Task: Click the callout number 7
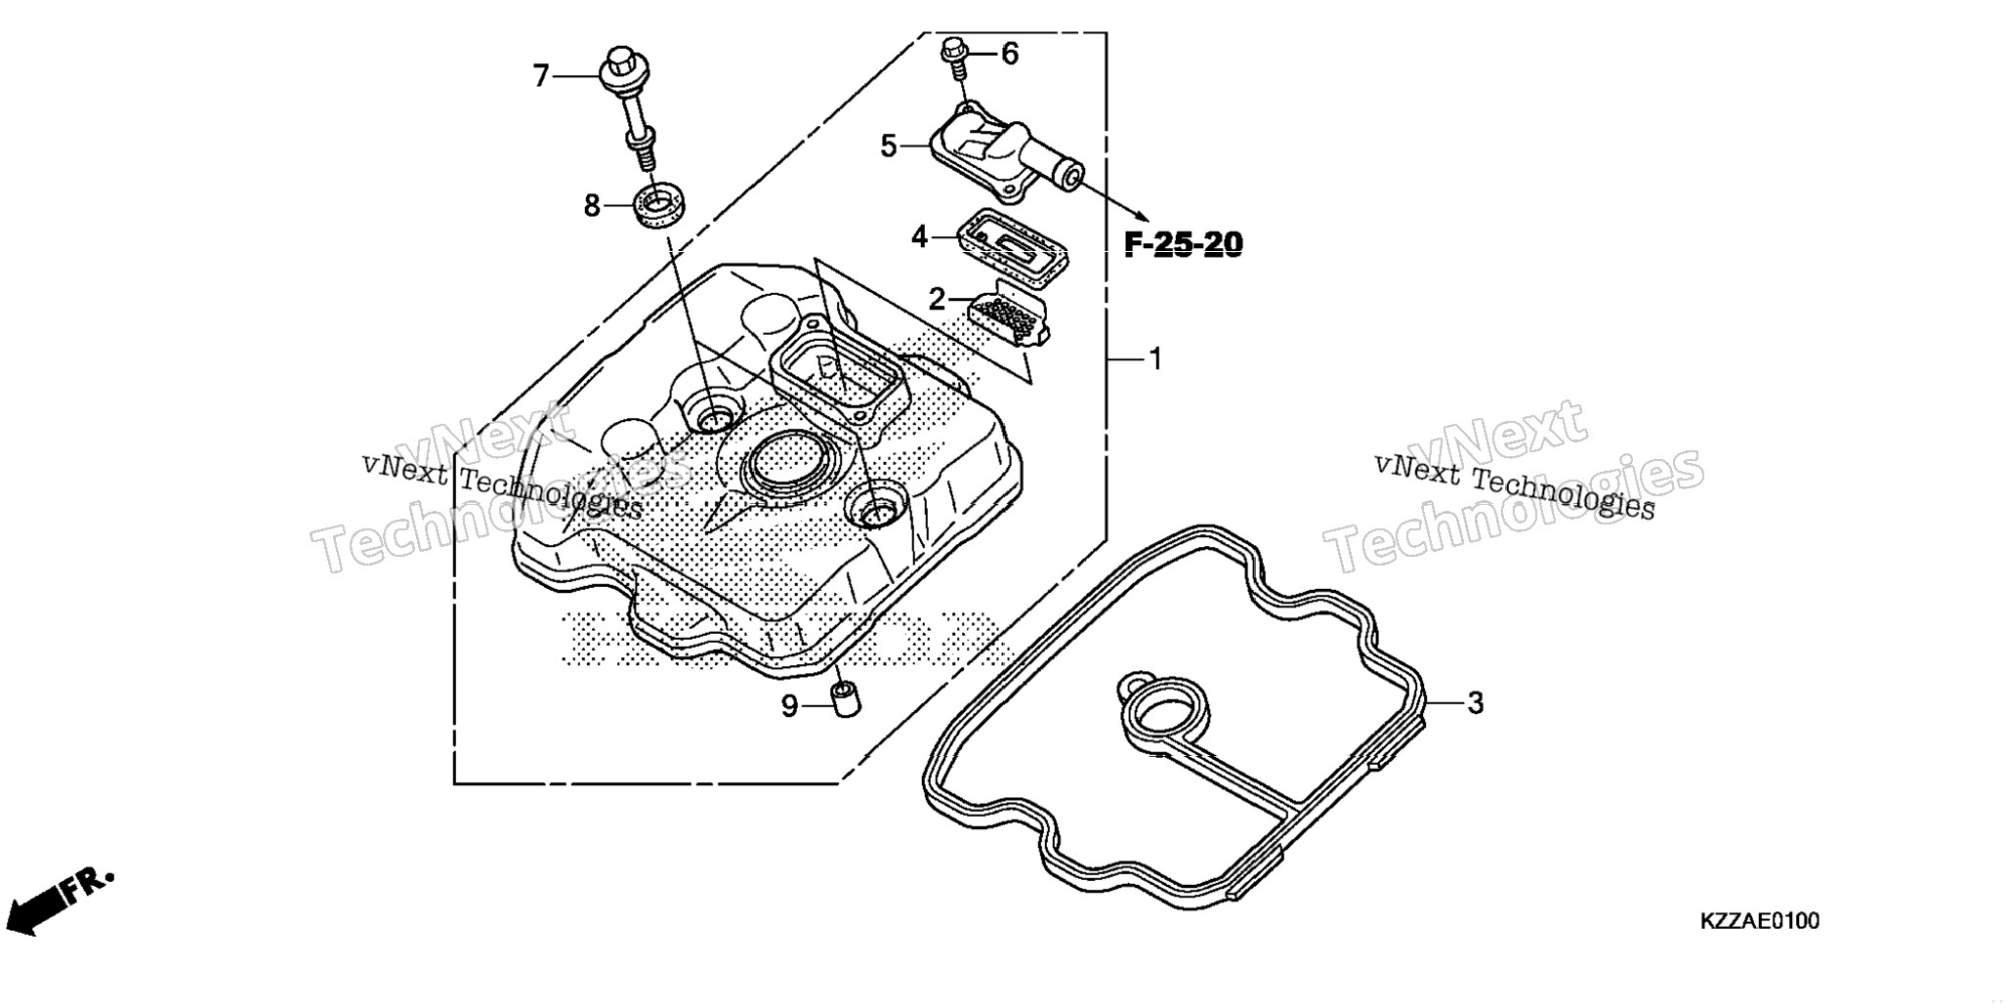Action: click(541, 75)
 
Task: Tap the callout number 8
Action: click(592, 206)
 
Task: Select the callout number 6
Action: click(1009, 54)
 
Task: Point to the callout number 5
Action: click(889, 147)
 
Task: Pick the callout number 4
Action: click(919, 236)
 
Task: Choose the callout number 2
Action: click(937, 300)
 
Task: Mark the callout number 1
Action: click(1154, 359)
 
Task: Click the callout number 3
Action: click(1475, 702)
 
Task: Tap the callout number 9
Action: click(789, 706)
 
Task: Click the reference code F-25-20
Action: click(1184, 244)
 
